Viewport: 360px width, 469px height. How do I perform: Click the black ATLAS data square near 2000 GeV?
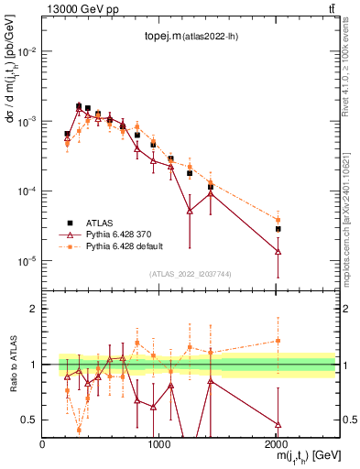point(278,229)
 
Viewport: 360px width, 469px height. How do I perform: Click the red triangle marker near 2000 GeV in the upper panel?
point(278,251)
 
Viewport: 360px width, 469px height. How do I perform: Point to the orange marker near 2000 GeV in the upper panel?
point(278,220)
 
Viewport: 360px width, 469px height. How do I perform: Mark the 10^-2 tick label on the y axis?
point(27,51)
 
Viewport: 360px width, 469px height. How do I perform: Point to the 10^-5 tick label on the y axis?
point(27,262)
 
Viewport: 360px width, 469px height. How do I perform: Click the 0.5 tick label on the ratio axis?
point(30,420)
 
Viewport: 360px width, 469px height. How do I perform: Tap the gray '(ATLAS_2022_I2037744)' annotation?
point(190,274)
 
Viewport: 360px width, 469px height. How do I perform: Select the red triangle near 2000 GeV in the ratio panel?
point(278,424)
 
